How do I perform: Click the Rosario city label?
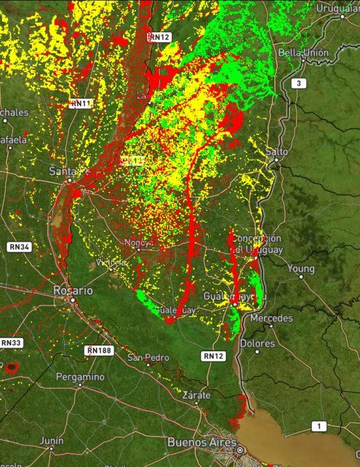click(x=73, y=290)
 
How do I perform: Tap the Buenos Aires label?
click(x=202, y=442)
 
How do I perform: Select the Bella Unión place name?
click(x=304, y=52)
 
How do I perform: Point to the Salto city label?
click(x=277, y=151)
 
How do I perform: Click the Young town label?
click(x=301, y=268)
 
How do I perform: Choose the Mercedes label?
click(x=271, y=319)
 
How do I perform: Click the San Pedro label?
click(x=148, y=357)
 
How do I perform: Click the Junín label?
click(x=52, y=440)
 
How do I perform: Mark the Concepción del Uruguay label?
click(x=255, y=244)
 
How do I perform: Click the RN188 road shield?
click(x=99, y=351)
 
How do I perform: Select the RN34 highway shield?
click(x=20, y=247)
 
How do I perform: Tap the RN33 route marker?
click(x=12, y=343)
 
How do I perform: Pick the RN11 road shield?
click(x=80, y=104)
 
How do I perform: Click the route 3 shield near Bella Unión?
click(x=297, y=84)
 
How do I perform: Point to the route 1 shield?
click(x=317, y=426)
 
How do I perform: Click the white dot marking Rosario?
click(x=73, y=299)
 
